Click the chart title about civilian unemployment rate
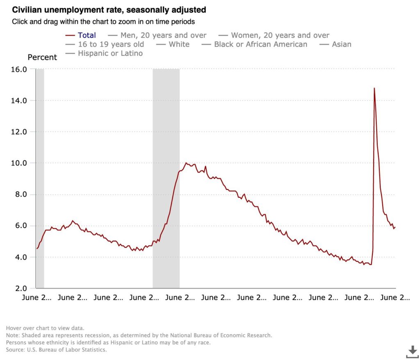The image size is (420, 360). (109, 9)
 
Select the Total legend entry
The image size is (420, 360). (87, 36)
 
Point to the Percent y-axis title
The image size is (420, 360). (42, 57)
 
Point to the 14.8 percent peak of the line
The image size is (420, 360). (374, 88)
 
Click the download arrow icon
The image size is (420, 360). (412, 351)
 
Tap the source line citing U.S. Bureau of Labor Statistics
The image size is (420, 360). (56, 350)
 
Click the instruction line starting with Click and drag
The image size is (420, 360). (103, 21)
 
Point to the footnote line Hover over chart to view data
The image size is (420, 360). (45, 328)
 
